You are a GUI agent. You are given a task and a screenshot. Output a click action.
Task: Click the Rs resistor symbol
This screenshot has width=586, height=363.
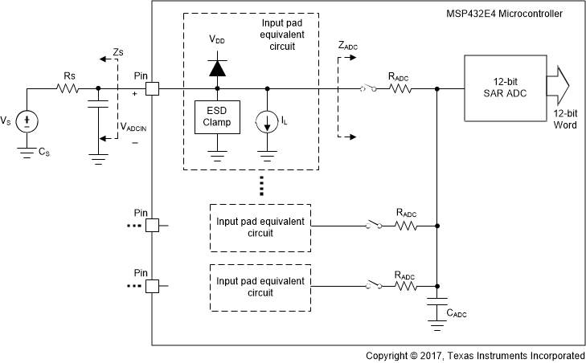tap(68, 89)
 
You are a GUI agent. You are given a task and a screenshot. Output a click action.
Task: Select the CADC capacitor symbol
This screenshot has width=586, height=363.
tap(436, 306)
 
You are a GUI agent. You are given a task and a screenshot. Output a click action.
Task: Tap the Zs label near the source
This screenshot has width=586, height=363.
tap(118, 52)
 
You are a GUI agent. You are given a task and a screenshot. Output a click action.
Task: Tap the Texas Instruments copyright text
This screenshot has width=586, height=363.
tap(474, 355)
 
